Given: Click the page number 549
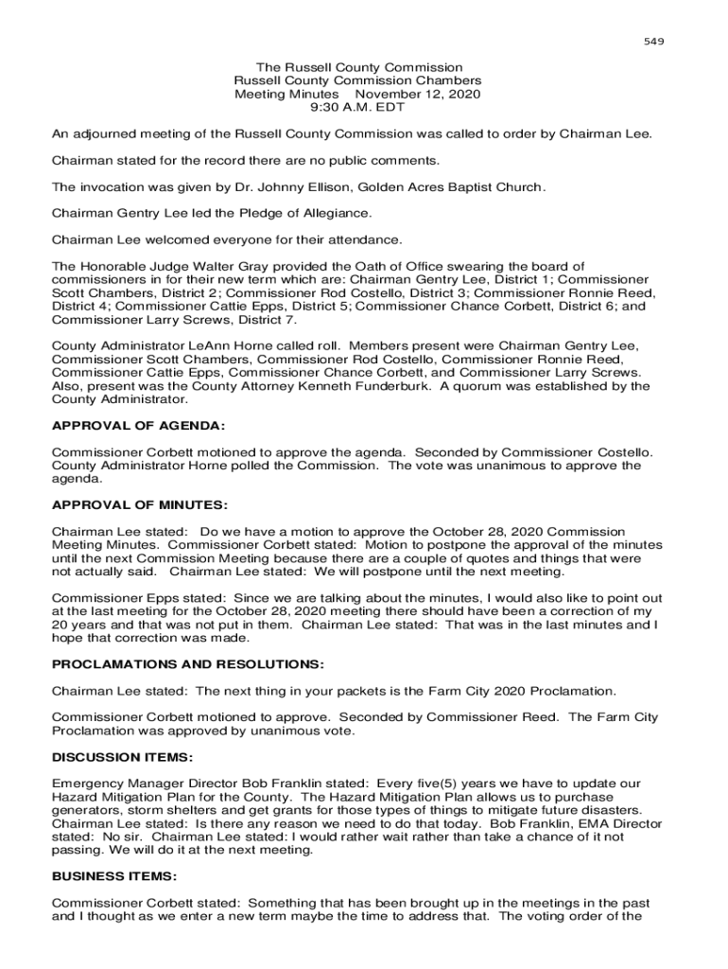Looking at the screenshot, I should pyautogui.click(x=654, y=42).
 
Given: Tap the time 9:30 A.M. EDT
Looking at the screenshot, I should pyautogui.click(x=357, y=108).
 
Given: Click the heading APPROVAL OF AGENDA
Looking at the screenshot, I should pyautogui.click(x=138, y=427).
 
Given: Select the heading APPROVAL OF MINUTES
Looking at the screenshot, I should pyautogui.click(x=140, y=505).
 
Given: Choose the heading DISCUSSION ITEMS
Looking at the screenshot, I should pyautogui.click(x=123, y=757).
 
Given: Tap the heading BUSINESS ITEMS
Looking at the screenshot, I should pyautogui.click(x=114, y=876).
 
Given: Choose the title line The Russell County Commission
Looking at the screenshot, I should pyautogui.click(x=359, y=68).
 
